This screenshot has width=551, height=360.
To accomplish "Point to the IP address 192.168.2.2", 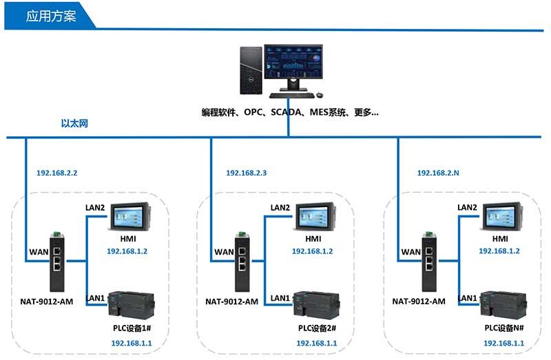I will tap(57, 173).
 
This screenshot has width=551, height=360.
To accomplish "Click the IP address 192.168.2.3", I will tap(246, 173).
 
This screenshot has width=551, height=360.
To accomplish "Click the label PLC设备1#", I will tap(131, 328).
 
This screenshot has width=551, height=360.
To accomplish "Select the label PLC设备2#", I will tap(317, 328).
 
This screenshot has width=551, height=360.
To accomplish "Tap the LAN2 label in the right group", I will tap(467, 207).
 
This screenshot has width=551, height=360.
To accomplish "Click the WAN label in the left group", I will tap(39, 253).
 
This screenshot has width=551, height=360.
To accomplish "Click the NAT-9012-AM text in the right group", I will tap(419, 301).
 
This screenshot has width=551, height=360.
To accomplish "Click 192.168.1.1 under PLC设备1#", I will tap(131, 342).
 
